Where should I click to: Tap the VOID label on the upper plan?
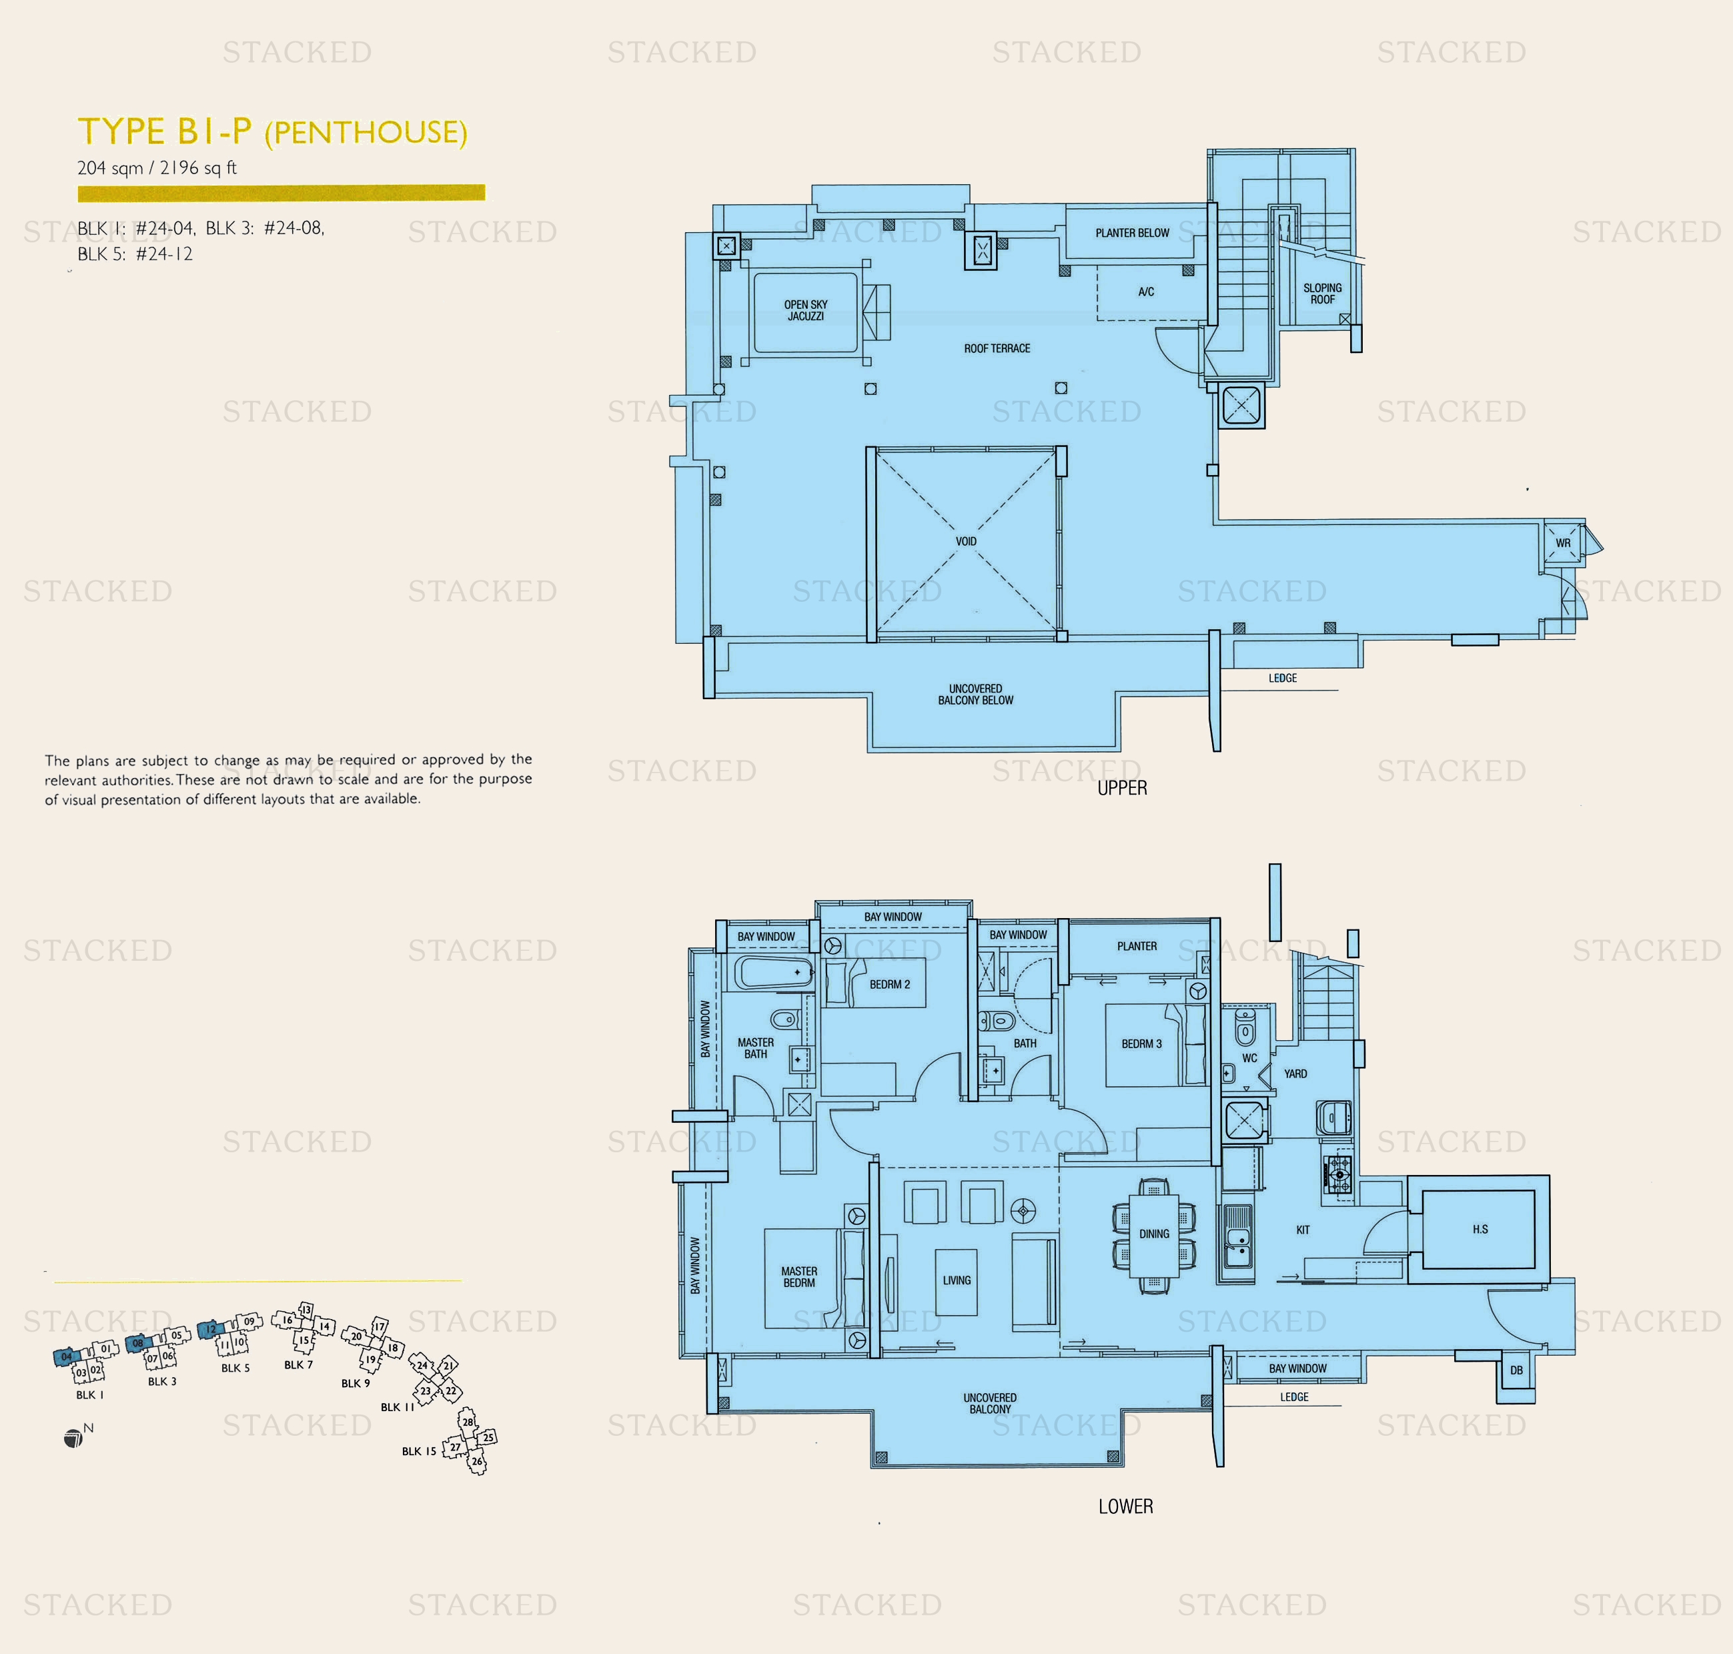point(966,541)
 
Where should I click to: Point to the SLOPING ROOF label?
point(1322,294)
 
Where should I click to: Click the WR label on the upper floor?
point(1563,543)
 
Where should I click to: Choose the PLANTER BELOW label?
point(1132,233)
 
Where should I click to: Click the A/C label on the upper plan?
point(1146,292)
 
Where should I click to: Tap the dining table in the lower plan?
point(1154,1234)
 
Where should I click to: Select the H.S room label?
point(1480,1229)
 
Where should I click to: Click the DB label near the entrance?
point(1516,1370)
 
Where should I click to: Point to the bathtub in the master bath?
point(774,973)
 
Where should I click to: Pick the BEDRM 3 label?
point(1141,1044)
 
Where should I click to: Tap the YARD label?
point(1295,1074)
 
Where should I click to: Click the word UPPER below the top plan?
point(1122,788)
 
